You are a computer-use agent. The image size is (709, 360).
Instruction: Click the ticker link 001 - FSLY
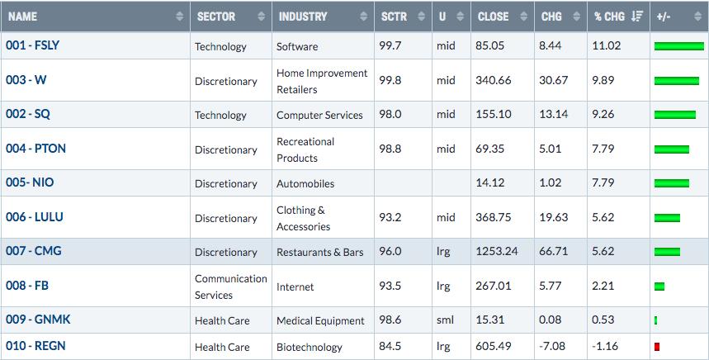pos(32,45)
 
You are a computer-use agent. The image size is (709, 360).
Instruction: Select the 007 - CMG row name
pos(34,251)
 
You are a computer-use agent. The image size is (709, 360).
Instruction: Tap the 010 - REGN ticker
pos(35,346)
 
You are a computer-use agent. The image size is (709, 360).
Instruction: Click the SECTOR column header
pos(216,17)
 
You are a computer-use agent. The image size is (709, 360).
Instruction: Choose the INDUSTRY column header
pos(302,17)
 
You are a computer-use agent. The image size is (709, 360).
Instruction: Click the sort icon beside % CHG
pos(637,17)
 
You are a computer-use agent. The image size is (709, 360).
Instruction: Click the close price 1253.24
pos(497,252)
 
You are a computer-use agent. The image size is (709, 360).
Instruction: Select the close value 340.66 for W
pos(494,80)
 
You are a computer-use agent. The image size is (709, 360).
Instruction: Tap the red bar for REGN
pos(657,347)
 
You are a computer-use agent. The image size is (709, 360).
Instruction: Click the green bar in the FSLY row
pos(678,46)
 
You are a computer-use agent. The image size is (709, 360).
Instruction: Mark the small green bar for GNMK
pos(655,320)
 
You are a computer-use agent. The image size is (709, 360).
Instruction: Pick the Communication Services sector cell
pos(230,287)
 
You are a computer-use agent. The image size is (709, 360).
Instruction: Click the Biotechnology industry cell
pos(310,348)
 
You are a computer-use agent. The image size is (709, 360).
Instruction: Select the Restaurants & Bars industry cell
pos(320,253)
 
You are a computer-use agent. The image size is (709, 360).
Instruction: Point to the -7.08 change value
pos(552,347)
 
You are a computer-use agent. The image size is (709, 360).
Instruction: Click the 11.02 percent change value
pos(607,45)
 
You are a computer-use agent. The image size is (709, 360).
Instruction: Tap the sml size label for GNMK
pos(446,320)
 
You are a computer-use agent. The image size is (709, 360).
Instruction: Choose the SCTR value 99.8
pos(390,80)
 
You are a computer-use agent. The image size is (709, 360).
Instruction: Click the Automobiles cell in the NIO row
pos(305,183)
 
